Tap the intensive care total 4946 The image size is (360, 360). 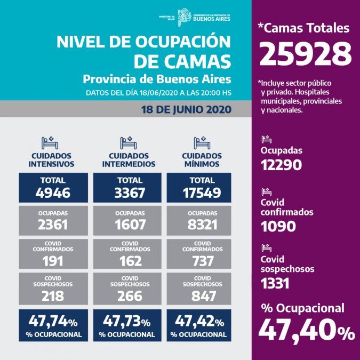point(52,192)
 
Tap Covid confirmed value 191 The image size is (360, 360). point(52,261)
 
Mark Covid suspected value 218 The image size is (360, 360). point(52,296)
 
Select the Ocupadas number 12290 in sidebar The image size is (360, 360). point(281,164)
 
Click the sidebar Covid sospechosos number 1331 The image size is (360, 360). point(275,283)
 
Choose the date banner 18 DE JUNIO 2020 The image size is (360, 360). point(186,110)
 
